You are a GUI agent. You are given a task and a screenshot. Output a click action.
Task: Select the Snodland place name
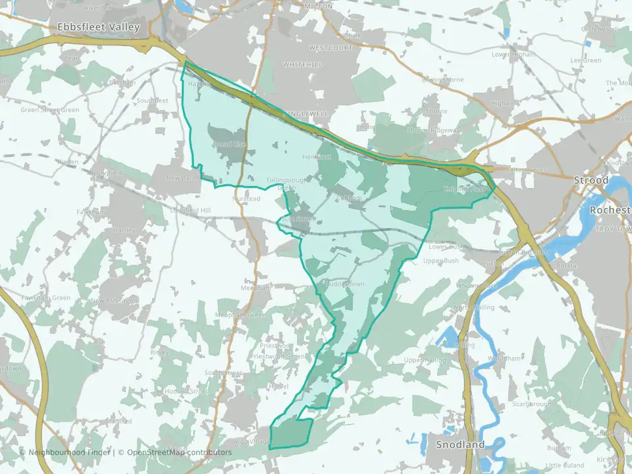pyautogui.click(x=460, y=444)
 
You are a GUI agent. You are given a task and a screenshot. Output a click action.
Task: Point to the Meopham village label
pyautogui.click(x=256, y=288)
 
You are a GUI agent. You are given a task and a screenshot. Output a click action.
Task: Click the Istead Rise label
pyautogui.click(x=230, y=144)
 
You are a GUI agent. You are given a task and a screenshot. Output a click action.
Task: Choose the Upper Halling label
pyautogui.click(x=422, y=360)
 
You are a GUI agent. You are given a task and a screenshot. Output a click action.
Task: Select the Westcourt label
pyautogui.click(x=330, y=48)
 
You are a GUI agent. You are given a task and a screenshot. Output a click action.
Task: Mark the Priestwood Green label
pyautogui.click(x=277, y=357)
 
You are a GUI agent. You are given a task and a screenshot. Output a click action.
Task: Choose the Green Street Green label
pyautogui.click(x=49, y=110)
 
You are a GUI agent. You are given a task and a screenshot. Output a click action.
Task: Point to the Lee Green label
pyautogui.click(x=586, y=61)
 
